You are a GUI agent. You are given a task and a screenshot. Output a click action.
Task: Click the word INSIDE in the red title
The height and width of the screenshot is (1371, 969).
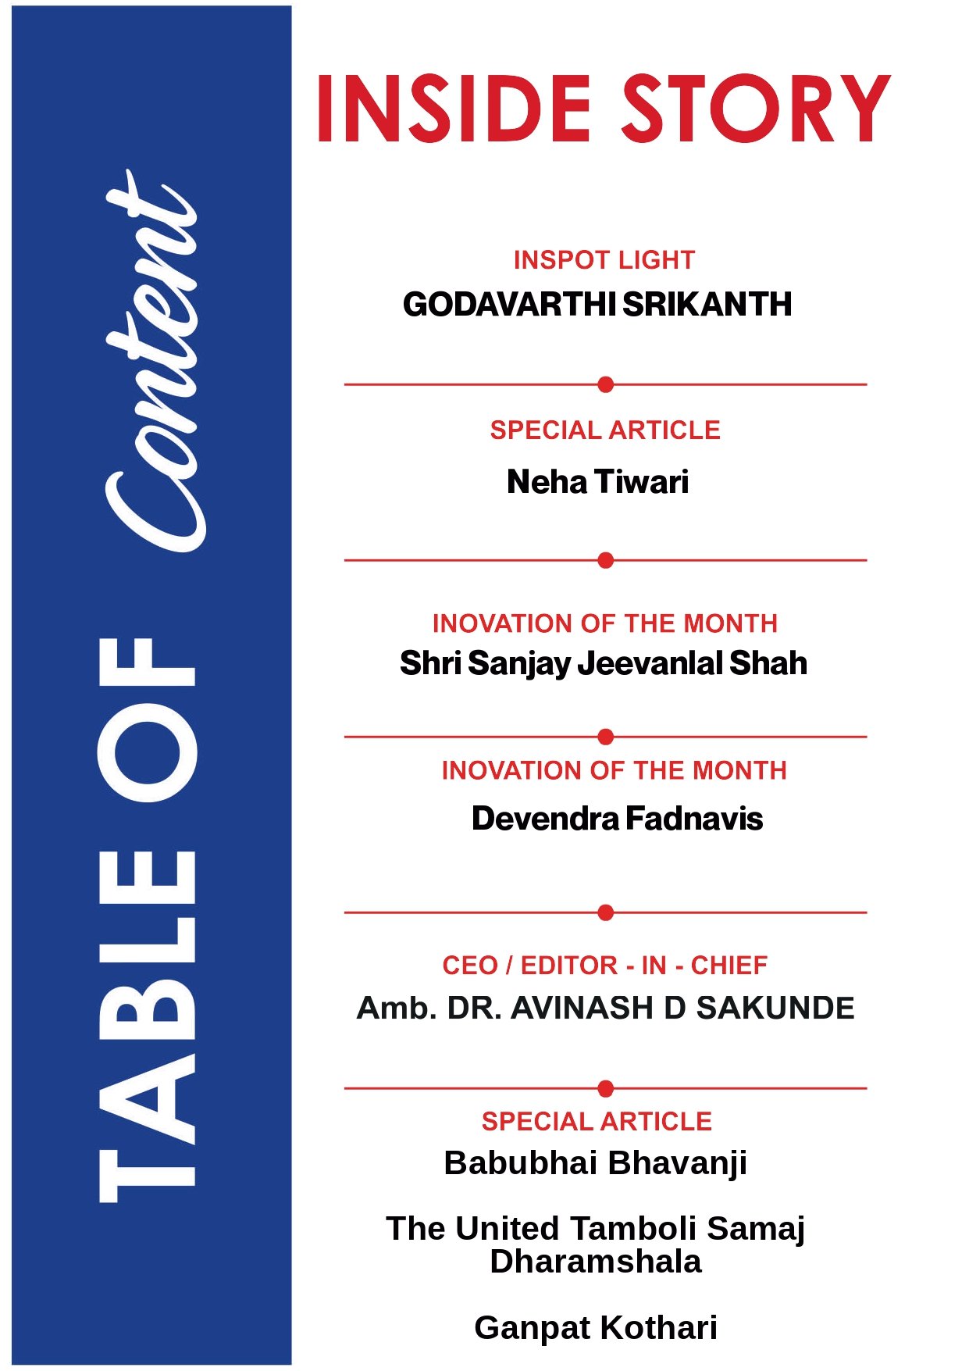[x=453, y=109]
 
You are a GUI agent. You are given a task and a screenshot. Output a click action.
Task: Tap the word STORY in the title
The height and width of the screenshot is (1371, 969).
[x=755, y=109]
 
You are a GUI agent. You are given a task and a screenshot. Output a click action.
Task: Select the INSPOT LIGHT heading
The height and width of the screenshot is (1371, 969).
[x=604, y=260]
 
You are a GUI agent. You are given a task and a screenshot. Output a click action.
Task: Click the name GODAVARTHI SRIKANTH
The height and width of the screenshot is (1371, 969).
[x=597, y=304]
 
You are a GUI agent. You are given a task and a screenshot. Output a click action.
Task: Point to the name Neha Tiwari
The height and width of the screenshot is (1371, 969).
[x=597, y=482]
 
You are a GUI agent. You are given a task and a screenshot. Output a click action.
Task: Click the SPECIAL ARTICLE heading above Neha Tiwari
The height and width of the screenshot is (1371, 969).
[x=605, y=430]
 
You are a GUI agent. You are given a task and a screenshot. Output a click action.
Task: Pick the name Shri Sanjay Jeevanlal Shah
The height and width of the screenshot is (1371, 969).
[x=603, y=663]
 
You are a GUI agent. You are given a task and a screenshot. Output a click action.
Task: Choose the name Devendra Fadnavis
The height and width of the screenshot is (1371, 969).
[x=617, y=819]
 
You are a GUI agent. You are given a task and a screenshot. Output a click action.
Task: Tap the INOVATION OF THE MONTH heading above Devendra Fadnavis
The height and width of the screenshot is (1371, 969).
[x=614, y=771]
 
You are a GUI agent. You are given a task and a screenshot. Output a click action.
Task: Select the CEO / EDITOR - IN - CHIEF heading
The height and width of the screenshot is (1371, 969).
[x=605, y=966]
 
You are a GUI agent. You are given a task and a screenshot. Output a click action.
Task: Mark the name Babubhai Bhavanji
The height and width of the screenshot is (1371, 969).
[x=595, y=1163]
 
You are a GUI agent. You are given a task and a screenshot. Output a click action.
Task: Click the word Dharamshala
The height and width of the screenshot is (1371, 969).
[x=595, y=1262]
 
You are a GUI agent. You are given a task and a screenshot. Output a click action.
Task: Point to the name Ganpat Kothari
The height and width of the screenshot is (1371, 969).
[x=595, y=1328]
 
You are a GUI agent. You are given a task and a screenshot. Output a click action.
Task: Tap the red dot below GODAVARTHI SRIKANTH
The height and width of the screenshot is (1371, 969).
[x=605, y=384]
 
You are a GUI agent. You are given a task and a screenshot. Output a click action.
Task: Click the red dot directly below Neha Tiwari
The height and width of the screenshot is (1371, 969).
[x=605, y=560]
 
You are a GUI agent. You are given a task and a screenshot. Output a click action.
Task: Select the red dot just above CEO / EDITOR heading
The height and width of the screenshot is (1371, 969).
[x=605, y=912]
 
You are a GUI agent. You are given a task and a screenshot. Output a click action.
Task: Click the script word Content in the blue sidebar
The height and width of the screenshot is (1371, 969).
[x=152, y=359]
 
